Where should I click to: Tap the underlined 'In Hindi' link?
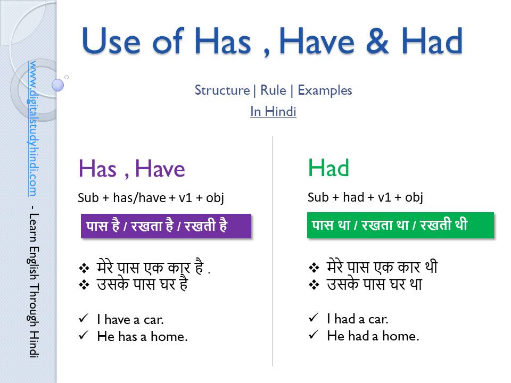tap(273, 112)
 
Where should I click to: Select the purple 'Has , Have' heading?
tap(131, 169)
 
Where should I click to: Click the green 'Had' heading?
tap(328, 169)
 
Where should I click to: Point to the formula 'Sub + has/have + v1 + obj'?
tap(151, 198)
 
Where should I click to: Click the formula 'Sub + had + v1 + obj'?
tap(365, 197)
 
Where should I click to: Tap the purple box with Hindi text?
tap(166, 226)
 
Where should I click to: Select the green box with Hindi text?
tap(400, 225)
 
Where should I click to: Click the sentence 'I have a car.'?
tap(130, 319)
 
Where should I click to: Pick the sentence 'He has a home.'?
tap(142, 336)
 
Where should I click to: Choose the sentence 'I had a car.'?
tap(358, 319)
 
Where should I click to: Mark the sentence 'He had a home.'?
tap(373, 336)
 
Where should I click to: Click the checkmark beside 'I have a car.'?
tap(83, 319)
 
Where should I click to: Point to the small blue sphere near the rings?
tap(58, 85)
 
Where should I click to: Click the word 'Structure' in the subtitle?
tap(222, 90)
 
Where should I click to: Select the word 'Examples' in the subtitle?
tap(325, 90)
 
